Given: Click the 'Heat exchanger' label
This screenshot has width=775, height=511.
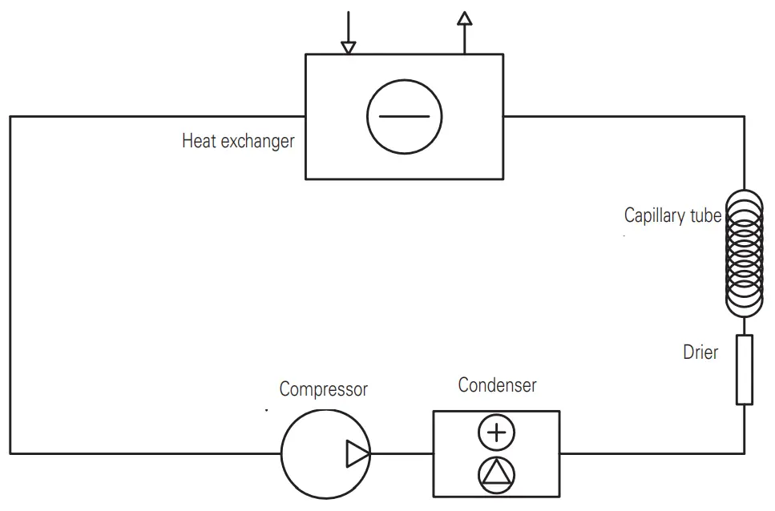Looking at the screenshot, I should tap(238, 142).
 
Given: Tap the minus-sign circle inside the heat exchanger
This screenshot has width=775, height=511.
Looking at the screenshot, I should tap(404, 116).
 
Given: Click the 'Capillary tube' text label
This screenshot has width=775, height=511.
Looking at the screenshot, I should tap(672, 215).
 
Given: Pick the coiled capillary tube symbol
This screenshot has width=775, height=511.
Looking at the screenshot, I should tap(745, 253).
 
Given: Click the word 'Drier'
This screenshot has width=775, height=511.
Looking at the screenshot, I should tap(700, 352).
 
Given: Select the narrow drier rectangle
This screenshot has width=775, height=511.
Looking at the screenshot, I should tap(745, 369).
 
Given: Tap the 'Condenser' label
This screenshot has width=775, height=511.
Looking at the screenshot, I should tap(497, 385).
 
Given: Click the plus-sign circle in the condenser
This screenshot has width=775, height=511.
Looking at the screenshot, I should tap(497, 433).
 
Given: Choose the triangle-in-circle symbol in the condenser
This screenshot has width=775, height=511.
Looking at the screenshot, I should tap(497, 474).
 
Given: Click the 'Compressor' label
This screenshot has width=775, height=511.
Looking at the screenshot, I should tap(323, 390).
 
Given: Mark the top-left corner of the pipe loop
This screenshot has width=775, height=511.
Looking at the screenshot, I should tap(10, 116).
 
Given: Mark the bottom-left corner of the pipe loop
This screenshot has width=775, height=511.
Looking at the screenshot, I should tap(10, 454).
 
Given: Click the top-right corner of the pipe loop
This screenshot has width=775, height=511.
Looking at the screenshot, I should tap(745, 116).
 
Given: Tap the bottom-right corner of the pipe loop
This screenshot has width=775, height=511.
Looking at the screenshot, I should tap(745, 454).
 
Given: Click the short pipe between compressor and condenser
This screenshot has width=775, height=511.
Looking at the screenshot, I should tap(402, 454).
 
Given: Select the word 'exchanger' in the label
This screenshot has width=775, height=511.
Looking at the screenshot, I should tap(257, 142).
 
